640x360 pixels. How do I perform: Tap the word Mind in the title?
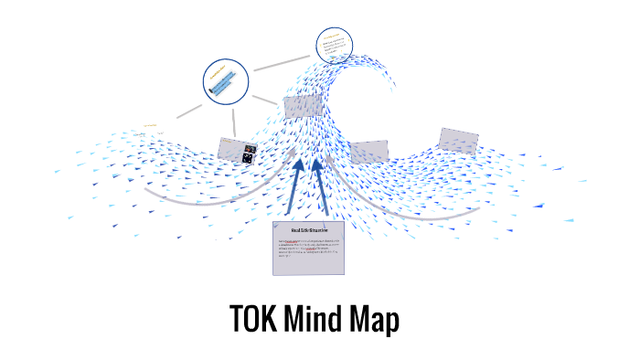[x=320, y=320]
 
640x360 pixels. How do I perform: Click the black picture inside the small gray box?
[x=248, y=155]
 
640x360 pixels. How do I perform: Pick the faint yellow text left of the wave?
[x=151, y=126]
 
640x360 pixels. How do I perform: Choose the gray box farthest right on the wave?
[x=458, y=140]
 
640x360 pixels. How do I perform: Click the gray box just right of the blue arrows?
[x=369, y=152]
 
